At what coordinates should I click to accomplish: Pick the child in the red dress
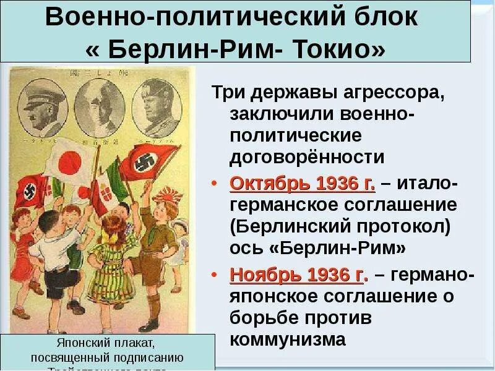(x=23, y=241)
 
